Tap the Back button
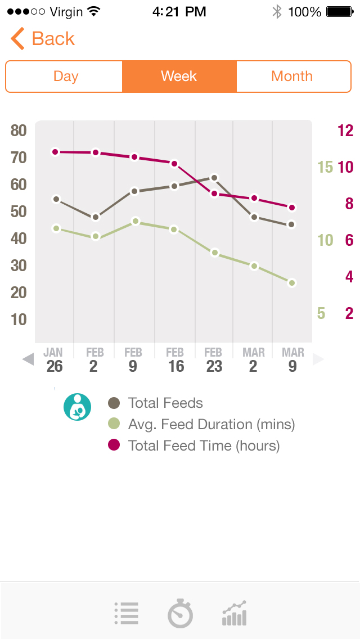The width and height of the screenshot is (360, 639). click(43, 39)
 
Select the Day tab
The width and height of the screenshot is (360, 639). click(65, 76)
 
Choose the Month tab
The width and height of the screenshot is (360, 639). click(292, 76)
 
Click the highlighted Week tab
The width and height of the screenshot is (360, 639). click(179, 76)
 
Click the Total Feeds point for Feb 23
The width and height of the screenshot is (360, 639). click(214, 178)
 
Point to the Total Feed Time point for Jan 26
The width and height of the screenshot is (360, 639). click(55, 152)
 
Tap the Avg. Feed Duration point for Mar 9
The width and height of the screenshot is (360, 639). click(292, 283)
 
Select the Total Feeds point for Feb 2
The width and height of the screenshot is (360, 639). click(96, 217)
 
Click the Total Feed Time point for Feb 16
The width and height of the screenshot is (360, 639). click(174, 164)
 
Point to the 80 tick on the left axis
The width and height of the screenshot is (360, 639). click(19, 130)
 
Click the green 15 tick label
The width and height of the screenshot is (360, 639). click(325, 167)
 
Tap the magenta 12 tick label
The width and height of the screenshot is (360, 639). click(345, 131)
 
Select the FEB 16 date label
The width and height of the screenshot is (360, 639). click(175, 360)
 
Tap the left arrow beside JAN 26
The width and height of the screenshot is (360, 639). click(28, 359)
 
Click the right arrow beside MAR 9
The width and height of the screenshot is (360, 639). click(318, 359)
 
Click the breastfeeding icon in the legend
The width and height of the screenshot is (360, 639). click(77, 407)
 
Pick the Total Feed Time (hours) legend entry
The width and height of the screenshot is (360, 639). click(204, 445)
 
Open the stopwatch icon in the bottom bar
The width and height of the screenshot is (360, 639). click(180, 613)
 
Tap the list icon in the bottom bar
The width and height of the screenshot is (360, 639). click(127, 613)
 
